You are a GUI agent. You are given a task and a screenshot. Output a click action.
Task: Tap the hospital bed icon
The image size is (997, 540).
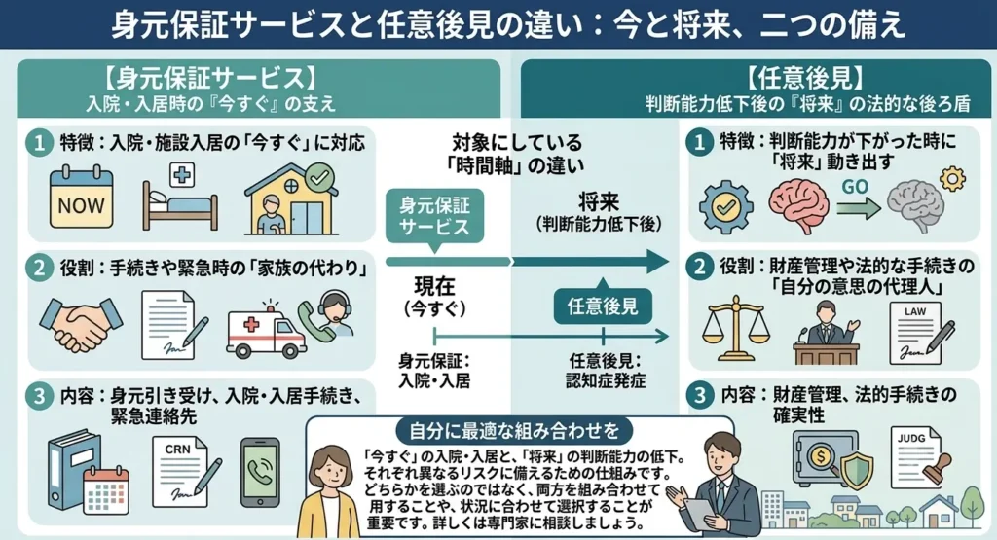(x=180, y=198)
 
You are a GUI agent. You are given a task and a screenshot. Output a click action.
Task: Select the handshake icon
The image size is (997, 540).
(x=81, y=324)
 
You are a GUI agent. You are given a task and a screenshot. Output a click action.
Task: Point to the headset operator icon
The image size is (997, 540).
(x=327, y=316)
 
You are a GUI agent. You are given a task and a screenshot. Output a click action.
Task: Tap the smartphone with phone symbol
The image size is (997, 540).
(x=260, y=471)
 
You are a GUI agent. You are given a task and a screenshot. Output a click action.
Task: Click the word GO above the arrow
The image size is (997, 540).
(x=855, y=187)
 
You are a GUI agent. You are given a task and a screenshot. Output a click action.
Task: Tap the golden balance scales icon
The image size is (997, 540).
(x=736, y=328)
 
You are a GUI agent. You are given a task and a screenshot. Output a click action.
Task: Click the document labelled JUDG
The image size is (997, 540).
(x=920, y=457)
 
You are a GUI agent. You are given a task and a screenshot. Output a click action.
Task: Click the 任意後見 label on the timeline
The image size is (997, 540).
(x=603, y=306)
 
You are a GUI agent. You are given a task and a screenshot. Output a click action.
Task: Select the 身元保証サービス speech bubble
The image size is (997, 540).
(x=434, y=218)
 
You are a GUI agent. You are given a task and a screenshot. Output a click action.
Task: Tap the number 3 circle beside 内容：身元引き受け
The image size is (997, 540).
(x=39, y=396)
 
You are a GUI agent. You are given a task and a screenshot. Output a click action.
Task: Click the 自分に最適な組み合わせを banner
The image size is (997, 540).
(x=514, y=431)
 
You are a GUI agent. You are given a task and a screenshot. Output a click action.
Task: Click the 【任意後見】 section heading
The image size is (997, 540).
(x=807, y=80)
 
